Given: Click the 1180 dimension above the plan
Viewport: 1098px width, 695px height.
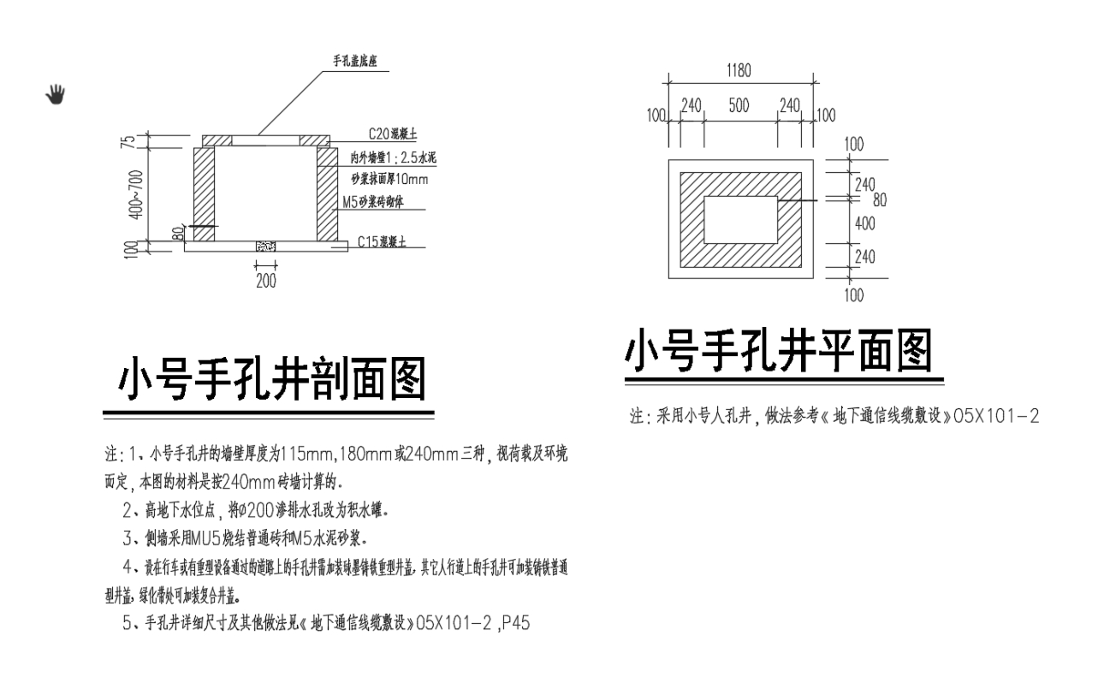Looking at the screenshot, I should click(739, 72).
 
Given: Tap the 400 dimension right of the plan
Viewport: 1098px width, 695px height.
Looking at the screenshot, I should click(865, 223).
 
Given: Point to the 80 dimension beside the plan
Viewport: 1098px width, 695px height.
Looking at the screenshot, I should click(879, 199).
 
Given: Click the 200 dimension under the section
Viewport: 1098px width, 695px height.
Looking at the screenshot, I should click(266, 280).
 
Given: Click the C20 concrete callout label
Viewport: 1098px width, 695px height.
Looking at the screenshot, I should click(392, 134).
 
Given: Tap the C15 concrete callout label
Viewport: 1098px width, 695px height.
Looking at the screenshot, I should click(386, 241).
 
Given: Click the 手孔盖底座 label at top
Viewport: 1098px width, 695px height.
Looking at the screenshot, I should click(361, 62).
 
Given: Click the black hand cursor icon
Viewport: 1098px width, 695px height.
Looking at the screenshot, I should click(56, 93).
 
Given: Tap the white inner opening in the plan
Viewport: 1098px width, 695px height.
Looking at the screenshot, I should click(740, 220).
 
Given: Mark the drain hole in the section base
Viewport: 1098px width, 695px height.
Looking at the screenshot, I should click(265, 246).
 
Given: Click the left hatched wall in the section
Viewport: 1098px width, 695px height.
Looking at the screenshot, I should click(204, 195).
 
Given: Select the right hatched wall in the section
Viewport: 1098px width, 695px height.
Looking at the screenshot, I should click(328, 195).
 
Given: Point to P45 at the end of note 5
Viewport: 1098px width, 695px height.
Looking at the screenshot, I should click(516, 623).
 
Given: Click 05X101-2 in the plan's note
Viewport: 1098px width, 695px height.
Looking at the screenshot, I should click(996, 417).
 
